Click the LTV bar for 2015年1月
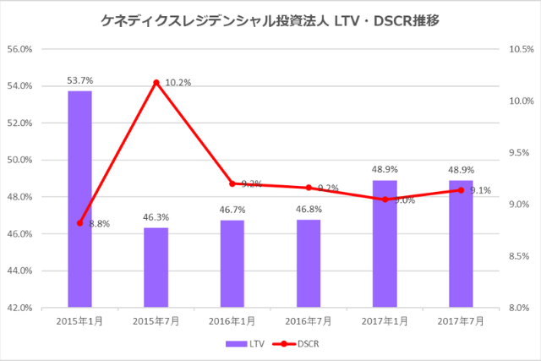(79, 199)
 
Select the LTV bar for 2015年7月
(156, 267)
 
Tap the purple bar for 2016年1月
(232, 264)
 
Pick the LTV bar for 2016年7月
(309, 263)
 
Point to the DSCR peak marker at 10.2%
(156, 83)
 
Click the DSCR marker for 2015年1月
(79, 223)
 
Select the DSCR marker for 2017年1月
(385, 200)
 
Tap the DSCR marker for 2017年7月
(461, 190)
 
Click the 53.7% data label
(79, 80)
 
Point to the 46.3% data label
(156, 217)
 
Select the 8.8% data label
(99, 224)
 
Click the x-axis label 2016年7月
(309, 322)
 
